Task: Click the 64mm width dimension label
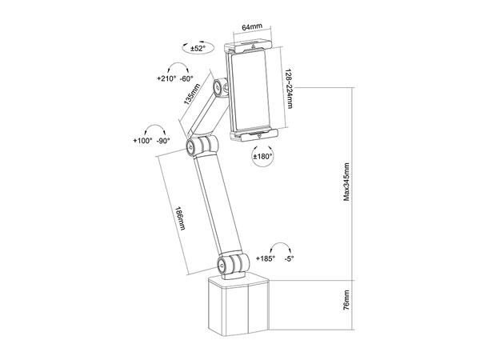tap(254, 27)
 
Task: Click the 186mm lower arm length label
tap(182, 218)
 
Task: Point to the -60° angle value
tap(187, 79)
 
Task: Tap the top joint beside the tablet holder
tap(218, 86)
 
